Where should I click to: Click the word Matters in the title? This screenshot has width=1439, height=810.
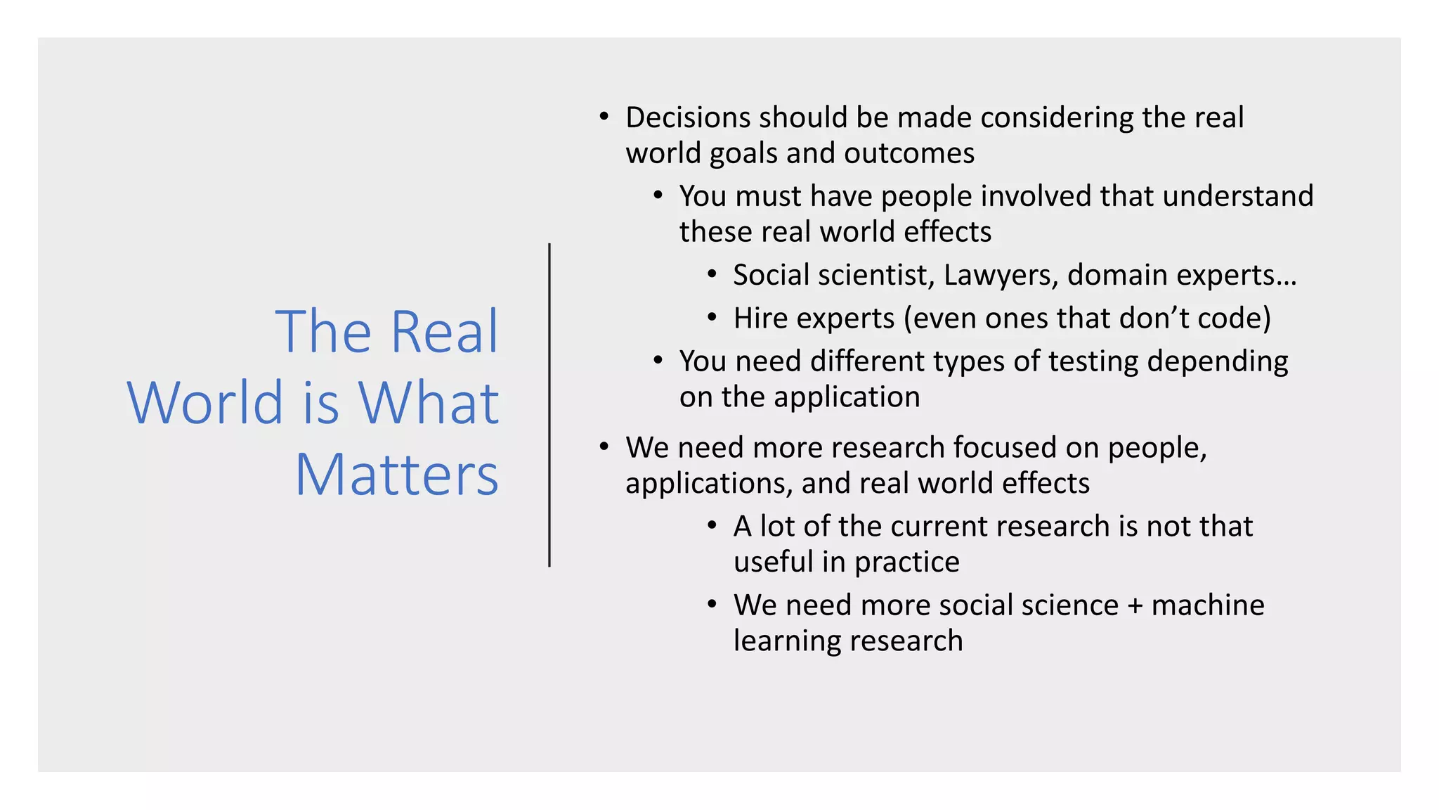point(397,475)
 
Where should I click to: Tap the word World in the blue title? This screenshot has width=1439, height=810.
point(205,403)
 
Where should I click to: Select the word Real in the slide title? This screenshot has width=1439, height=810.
point(444,331)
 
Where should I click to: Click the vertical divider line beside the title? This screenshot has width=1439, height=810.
point(549,405)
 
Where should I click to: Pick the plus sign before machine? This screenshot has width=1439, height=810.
point(1135,605)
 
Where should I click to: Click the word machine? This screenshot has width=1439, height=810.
point(1208,605)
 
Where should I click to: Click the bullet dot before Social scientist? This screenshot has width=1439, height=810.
point(712,274)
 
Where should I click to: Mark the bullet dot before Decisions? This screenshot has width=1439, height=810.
point(604,117)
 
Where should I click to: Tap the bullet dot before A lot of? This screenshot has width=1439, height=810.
point(712,526)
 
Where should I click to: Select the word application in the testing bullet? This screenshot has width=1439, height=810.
point(847,398)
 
